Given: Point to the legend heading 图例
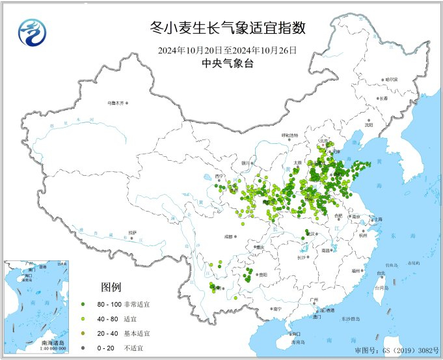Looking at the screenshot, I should (x=110, y=287).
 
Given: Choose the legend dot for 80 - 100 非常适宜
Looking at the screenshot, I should (x=83, y=304).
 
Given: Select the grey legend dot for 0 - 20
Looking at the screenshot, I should (x=83, y=347).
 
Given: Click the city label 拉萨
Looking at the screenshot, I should (x=133, y=232).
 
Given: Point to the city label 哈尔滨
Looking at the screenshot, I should (x=390, y=79).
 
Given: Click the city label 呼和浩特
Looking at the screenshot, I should (x=289, y=135).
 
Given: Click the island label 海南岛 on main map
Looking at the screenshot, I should (x=298, y=342).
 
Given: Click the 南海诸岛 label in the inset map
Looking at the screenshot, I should (x=51, y=342).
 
